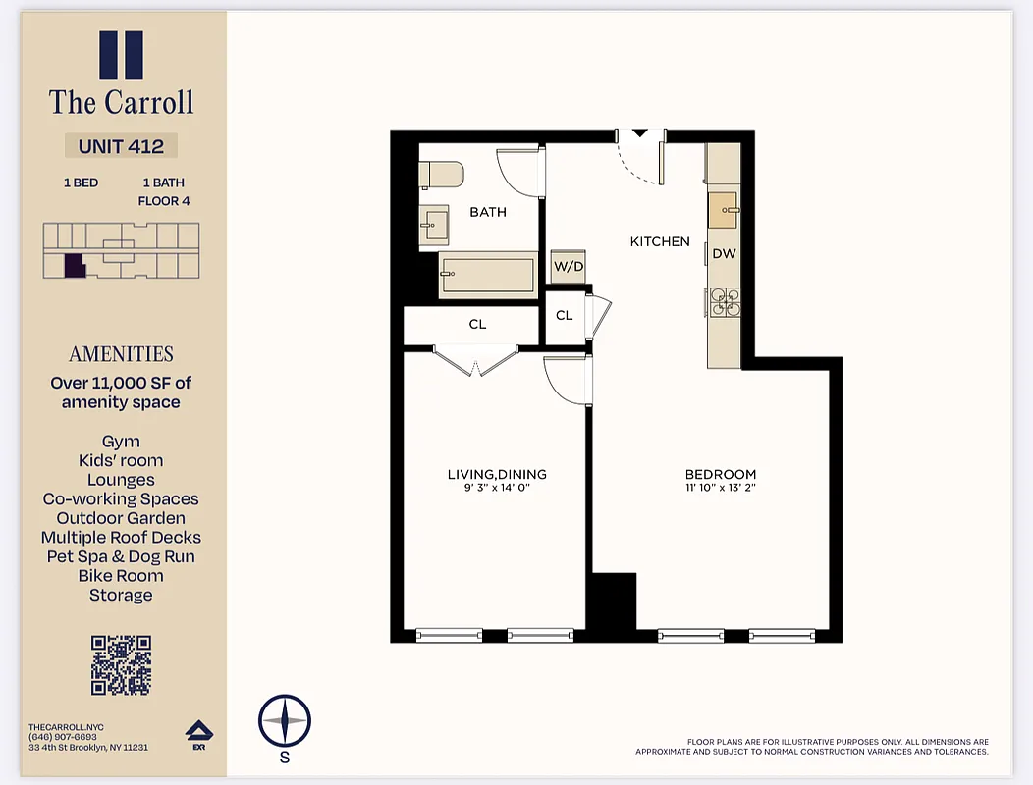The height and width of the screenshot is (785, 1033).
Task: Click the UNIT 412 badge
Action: pos(121,146)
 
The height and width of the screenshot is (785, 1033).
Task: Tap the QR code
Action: pos(121,665)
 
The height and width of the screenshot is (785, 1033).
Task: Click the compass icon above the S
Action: pos(285,721)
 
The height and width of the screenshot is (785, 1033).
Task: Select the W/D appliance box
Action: pos(568,266)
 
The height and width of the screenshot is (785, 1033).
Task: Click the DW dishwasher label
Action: pos(724,253)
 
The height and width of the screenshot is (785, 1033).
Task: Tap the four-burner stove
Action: pos(725,301)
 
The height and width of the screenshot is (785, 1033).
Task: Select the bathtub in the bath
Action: pos(487,274)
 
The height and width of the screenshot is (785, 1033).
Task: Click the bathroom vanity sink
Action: pos(433,226)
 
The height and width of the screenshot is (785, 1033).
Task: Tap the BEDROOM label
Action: pos(721,474)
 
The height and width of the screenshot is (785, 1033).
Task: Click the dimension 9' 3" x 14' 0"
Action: pos(496,487)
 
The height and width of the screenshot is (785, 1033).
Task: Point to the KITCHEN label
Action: pos(660,241)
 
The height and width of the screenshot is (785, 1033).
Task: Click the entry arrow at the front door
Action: pos(639,133)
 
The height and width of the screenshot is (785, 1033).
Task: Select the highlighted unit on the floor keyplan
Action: pos(74,265)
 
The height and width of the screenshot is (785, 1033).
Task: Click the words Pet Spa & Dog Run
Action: pos(121,556)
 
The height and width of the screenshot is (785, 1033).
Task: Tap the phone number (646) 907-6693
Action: pos(63,737)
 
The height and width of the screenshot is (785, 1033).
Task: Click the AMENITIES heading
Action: pos(121,354)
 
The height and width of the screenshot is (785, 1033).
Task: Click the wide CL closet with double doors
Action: pos(477,325)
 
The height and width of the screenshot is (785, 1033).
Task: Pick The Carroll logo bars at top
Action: pos(121,55)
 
